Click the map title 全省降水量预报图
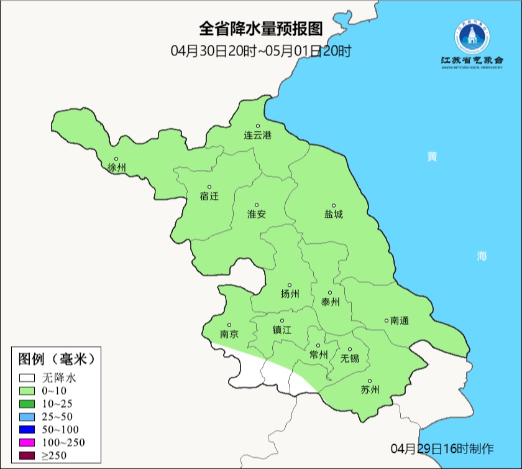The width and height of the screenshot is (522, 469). [x=261, y=29]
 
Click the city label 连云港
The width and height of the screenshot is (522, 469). [x=257, y=135]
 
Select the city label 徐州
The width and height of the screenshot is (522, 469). [x=116, y=168]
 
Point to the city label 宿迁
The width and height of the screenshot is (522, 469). [x=209, y=196]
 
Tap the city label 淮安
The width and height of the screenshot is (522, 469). [x=257, y=214]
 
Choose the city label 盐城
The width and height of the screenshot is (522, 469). [x=333, y=215]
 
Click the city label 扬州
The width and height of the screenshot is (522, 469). [x=290, y=294]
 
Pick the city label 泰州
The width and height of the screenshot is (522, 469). [x=330, y=302]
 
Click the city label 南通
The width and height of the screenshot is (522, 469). [x=399, y=321]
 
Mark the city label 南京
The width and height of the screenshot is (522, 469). [x=229, y=334]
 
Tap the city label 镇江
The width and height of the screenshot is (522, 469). [x=282, y=330]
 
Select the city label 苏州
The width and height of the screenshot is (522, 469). [x=370, y=390]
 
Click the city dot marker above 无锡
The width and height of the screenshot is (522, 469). [x=349, y=350]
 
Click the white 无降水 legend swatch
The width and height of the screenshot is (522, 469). [x=27, y=378]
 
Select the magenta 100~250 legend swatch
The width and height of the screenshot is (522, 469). [x=27, y=442]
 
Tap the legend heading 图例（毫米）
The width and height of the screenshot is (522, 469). [x=56, y=359]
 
